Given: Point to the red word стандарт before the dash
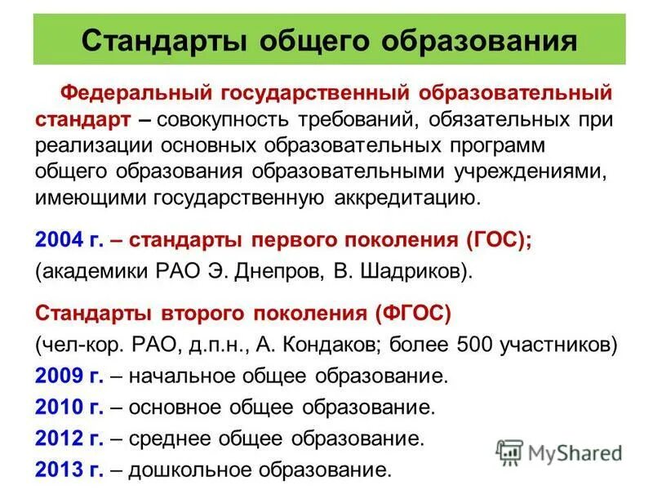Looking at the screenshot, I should point(82,119).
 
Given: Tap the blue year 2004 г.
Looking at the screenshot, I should point(69,241).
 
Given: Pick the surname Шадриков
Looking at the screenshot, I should point(411,270).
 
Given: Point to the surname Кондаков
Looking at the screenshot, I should point(326,344).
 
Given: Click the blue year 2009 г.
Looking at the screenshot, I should point(69,376).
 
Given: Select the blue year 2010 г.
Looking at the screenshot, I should point(69,407).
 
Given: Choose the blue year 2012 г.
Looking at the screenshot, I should point(69,439).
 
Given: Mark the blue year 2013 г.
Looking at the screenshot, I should point(69,470).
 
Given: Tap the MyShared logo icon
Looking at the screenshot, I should point(510,452).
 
